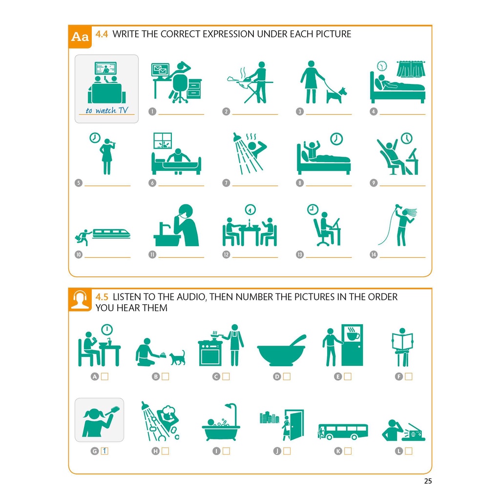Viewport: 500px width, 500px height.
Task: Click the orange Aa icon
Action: point(80,37)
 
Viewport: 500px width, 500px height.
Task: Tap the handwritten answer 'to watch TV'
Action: point(107,110)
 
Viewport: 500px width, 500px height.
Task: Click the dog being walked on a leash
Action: point(337,95)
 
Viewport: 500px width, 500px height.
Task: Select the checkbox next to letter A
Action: point(104,376)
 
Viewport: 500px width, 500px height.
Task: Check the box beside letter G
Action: point(104,451)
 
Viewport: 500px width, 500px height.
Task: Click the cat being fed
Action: point(177,358)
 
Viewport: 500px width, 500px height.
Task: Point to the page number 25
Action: point(428,481)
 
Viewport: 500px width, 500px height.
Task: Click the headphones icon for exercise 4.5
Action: point(80,300)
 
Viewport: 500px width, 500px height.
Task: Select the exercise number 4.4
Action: point(102,34)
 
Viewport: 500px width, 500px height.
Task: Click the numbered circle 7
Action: point(226,183)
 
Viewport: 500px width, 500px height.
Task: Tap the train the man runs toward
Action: point(111,234)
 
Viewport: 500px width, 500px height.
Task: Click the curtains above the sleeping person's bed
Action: point(411,69)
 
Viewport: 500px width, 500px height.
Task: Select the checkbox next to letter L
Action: point(409,451)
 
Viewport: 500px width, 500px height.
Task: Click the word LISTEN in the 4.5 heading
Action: point(127,297)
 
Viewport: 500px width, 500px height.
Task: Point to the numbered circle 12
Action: point(226,254)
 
